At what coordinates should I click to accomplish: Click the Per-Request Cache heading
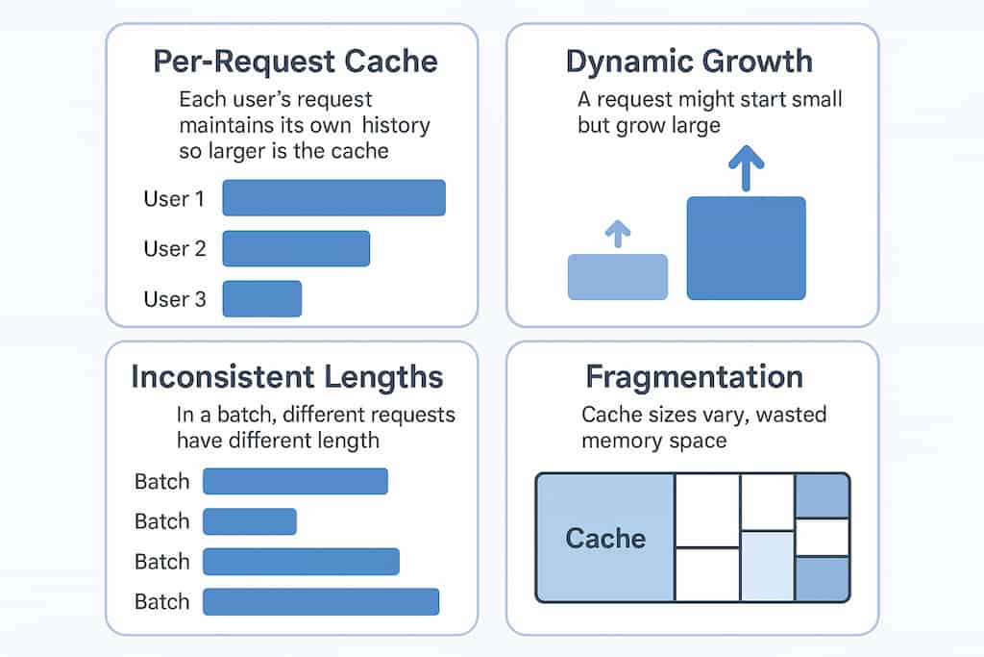[296, 62]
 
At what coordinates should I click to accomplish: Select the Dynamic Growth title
[690, 62]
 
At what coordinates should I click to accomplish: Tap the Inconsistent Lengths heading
[287, 377]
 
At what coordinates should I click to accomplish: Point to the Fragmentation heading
[695, 377]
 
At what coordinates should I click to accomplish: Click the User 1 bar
[333, 198]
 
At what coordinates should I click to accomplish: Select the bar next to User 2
[296, 248]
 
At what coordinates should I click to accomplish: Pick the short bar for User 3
[262, 298]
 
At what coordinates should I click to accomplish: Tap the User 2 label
[175, 249]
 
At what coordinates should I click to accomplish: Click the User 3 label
[175, 299]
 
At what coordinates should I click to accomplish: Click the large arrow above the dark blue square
[746, 167]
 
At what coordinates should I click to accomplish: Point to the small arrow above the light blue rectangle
[618, 234]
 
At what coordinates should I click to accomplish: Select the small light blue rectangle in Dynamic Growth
[618, 277]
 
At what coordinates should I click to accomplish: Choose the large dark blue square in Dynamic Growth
[746, 248]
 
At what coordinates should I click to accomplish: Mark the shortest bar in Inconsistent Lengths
[250, 521]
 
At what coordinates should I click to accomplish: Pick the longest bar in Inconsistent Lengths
[321, 602]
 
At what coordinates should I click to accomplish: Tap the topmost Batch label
[161, 482]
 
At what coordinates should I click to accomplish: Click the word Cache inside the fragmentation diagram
[605, 539]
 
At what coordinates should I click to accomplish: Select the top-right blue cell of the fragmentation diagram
[823, 496]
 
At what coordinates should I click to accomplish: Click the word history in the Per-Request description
[396, 125]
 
